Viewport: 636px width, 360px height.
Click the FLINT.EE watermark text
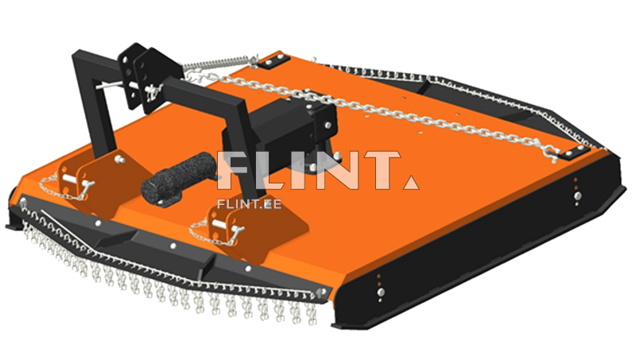point(249,203)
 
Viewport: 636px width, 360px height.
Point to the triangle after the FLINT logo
point(411,183)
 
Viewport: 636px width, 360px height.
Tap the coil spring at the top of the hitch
point(219,64)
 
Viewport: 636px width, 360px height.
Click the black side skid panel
point(479,243)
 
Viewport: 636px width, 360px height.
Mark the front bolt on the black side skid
point(381,292)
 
